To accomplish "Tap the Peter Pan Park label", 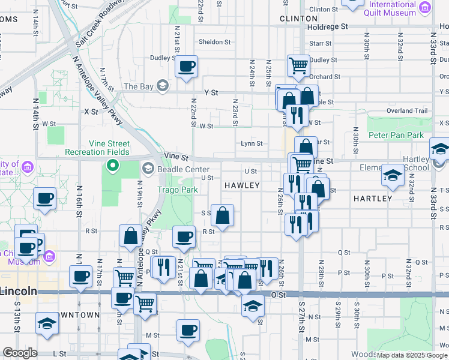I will pyautogui.click(x=396, y=136).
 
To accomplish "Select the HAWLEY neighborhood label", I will pyautogui.click(x=242, y=186).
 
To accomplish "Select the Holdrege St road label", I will pyautogui.click(x=327, y=27).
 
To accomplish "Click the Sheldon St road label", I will pyautogui.click(x=215, y=42).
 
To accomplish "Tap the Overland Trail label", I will pyautogui.click(x=407, y=110).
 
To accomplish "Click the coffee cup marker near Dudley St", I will pyautogui.click(x=187, y=66).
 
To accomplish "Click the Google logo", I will pyautogui.click(x=20, y=353).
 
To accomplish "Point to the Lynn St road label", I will pyautogui.click(x=252, y=143).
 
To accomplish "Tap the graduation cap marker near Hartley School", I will pyautogui.click(x=393, y=175).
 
